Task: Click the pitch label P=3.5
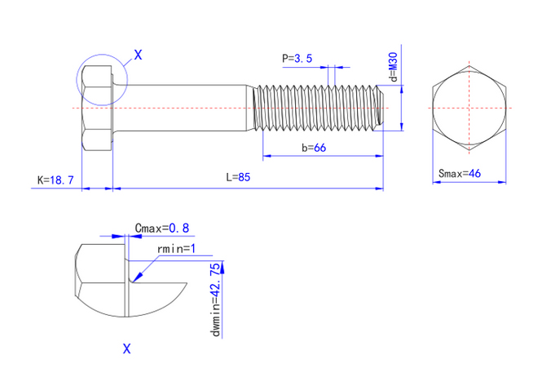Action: (x=297, y=58)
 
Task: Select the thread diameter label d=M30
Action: (x=394, y=67)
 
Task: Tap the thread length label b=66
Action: (x=314, y=148)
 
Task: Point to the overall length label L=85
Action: (x=238, y=177)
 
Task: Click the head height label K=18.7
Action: (x=55, y=180)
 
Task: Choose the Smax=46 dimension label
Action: (x=460, y=173)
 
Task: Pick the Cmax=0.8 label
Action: (x=162, y=228)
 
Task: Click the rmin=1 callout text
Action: (x=176, y=249)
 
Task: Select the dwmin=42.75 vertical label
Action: (x=215, y=299)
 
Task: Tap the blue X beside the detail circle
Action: (x=138, y=55)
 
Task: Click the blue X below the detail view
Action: (x=127, y=348)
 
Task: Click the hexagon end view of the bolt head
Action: (x=469, y=108)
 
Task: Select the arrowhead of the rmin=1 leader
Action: (x=137, y=277)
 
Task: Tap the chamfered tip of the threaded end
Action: (x=381, y=108)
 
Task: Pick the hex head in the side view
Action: (x=97, y=108)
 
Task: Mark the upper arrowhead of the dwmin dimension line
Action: (x=222, y=268)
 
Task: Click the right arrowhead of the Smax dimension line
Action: (x=502, y=182)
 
